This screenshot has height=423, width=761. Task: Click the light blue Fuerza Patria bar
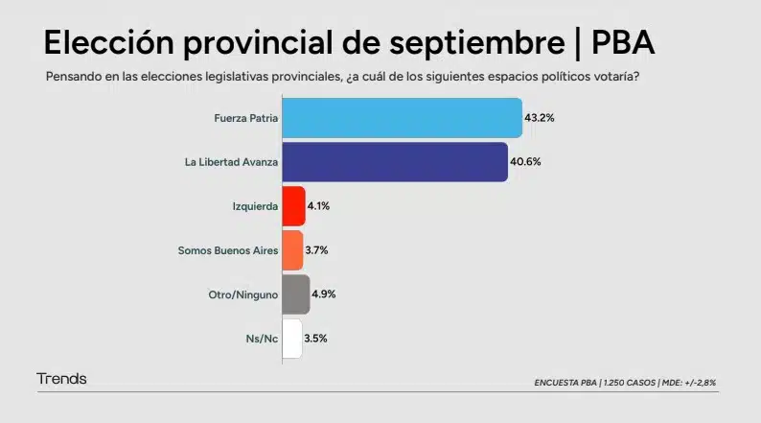tap(403, 118)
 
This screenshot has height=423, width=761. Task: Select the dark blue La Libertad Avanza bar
tap(395, 162)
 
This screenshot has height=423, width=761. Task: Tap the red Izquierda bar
tap(293, 206)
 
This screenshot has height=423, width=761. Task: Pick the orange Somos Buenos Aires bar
tap(292, 250)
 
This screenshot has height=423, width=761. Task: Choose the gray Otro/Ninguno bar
tap(296, 294)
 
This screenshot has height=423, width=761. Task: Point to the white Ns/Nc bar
tap(292, 339)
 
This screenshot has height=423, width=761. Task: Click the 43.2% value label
tap(540, 118)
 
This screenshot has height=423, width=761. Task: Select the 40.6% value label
tap(525, 162)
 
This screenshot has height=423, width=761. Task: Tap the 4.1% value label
tap(319, 206)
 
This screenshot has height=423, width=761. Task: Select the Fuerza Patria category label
tap(246, 118)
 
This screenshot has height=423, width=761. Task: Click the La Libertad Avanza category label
tap(231, 162)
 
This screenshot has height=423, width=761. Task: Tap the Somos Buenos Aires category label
tap(228, 250)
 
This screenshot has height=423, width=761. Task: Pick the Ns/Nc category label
tap(262, 339)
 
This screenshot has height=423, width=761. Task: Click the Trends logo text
tap(61, 379)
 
